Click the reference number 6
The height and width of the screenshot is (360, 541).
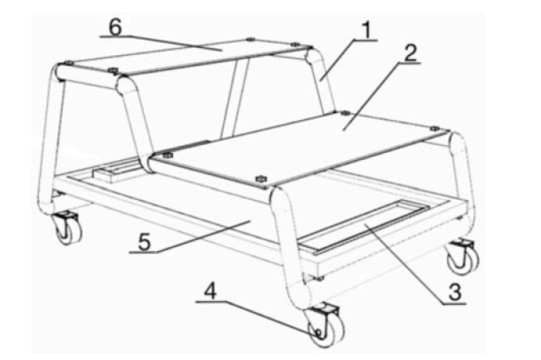click(116, 27)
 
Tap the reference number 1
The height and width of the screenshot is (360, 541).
click(367, 30)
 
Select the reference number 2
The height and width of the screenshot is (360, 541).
click(410, 53)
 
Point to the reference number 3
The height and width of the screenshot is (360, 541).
click(455, 292)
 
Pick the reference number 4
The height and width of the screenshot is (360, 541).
click(210, 292)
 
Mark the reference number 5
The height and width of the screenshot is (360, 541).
click(144, 241)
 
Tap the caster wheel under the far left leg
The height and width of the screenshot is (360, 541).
click(67, 227)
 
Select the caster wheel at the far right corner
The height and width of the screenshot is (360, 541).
click(464, 256)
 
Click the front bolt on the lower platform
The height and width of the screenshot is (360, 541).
click(261, 178)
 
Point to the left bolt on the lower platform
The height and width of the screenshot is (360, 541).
click(167, 155)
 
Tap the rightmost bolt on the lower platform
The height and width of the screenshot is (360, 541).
click(435, 128)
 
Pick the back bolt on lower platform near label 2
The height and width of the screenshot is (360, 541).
click(345, 113)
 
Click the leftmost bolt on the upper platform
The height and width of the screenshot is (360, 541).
click(69, 63)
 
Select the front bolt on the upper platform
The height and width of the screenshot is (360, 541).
click(112, 70)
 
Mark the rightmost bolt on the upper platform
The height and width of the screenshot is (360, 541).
click(294, 45)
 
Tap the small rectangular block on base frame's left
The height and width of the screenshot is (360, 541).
click(116, 171)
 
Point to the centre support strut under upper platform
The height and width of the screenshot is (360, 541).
click(234, 97)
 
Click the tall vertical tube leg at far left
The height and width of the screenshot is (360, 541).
click(51, 138)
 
